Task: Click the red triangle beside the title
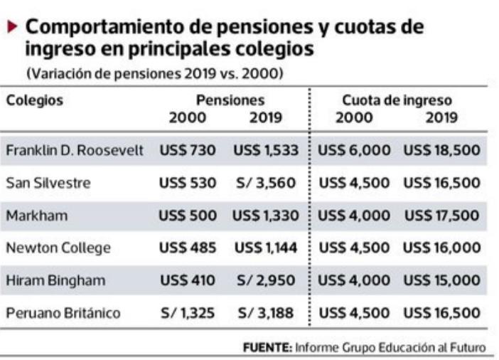[x=14, y=27]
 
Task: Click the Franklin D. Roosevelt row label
[x=75, y=151]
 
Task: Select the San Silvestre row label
[x=48, y=183]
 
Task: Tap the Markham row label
[x=37, y=216]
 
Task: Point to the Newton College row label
[x=58, y=248]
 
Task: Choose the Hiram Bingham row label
[x=55, y=280]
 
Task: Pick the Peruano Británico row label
[x=63, y=312]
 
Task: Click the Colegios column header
[x=34, y=100]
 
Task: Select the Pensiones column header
[x=230, y=100]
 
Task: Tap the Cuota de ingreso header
[x=397, y=100]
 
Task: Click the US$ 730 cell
[x=188, y=151]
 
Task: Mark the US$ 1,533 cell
[x=266, y=151]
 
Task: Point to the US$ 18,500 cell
[x=441, y=151]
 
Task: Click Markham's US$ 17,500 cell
[x=441, y=216]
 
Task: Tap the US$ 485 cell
[x=188, y=248]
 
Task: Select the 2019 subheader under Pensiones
[x=266, y=118]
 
